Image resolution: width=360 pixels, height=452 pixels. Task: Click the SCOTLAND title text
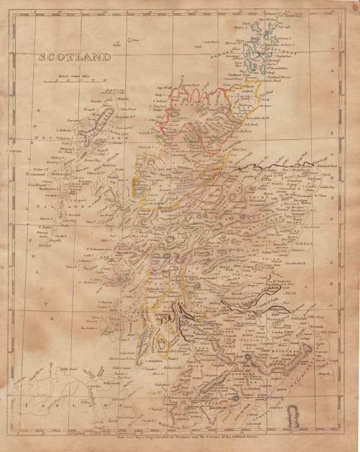75,57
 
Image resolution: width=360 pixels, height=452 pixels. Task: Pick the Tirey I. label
71,266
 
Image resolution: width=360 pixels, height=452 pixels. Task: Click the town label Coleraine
92,378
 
